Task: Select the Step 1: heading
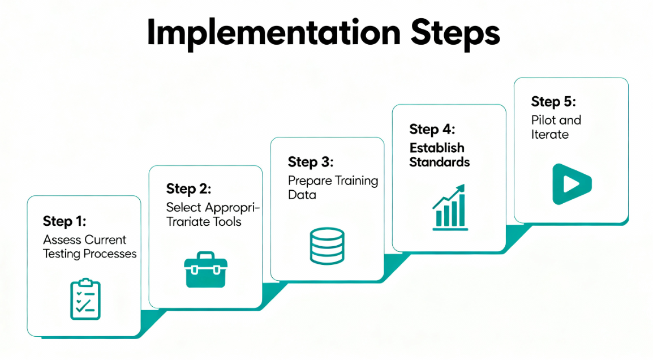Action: [65, 221]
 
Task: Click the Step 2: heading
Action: [188, 188]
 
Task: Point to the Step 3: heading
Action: [311, 162]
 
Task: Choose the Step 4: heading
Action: [432, 129]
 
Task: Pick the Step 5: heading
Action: [553, 102]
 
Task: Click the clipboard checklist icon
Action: [85, 299]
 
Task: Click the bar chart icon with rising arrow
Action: [450, 207]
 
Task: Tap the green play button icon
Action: [571, 184]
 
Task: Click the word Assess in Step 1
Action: [61, 240]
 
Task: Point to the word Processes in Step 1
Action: [110, 254]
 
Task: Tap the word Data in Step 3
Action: [302, 195]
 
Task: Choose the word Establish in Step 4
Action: [437, 148]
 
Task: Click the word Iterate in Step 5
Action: [550, 135]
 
